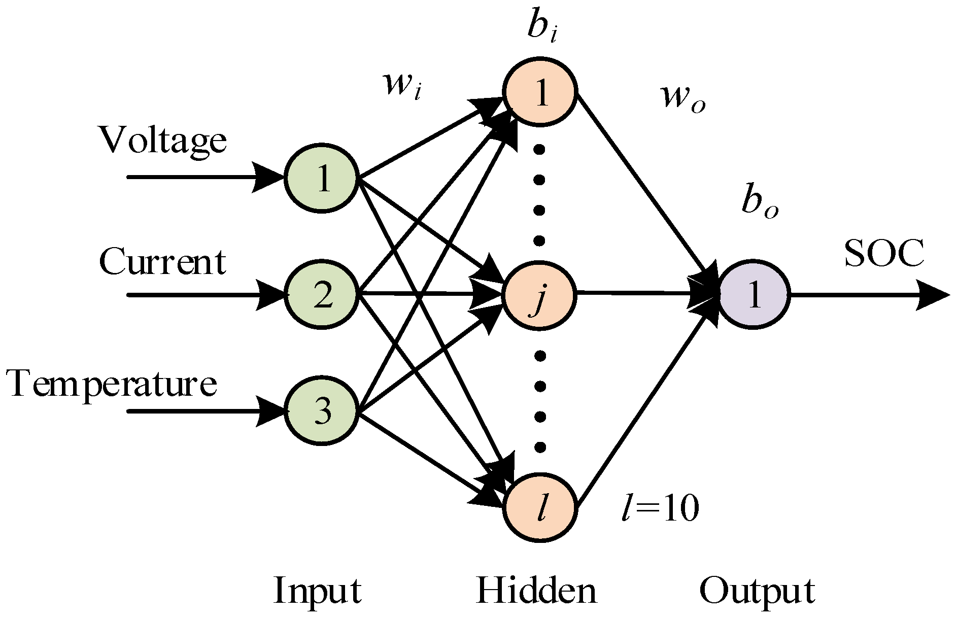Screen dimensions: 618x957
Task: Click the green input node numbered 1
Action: [322, 178]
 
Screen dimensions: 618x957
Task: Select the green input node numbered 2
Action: [322, 295]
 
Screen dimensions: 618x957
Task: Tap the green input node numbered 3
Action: [322, 411]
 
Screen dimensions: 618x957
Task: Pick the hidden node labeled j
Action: [540, 295]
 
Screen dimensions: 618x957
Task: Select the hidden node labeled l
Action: [540, 506]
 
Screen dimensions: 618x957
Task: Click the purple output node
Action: [754, 295]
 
